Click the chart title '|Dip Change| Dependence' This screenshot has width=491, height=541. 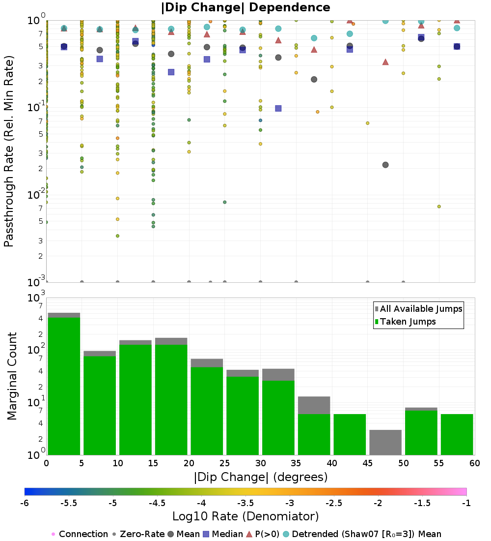245,7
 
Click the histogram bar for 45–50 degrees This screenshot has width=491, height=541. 385,442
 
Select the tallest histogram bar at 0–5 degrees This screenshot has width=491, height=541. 64,384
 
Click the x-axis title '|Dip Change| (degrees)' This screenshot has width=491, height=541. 261,477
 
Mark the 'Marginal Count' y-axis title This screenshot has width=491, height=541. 12,376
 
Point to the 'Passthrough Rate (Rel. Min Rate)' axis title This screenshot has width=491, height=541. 9,151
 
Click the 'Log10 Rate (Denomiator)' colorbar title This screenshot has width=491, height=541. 245,516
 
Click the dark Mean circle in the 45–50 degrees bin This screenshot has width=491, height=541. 385,165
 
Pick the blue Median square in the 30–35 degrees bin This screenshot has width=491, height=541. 278,108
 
